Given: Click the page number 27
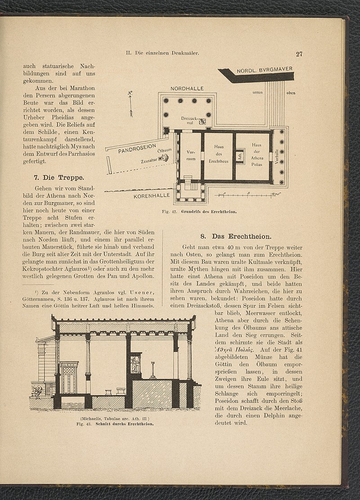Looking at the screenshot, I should [299, 55].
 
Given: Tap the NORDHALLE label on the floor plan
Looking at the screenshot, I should [187, 89].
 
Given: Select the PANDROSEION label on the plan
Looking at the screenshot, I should [137, 149].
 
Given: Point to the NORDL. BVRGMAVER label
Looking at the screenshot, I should [265, 71].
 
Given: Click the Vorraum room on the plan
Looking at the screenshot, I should [190, 156].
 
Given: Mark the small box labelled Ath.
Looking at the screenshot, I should [240, 155].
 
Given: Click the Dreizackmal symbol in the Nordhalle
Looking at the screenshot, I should [202, 121].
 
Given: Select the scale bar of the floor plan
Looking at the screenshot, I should [248, 194].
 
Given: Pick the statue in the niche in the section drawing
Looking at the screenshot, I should [135, 364].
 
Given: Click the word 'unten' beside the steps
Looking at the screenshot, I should [258, 92].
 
